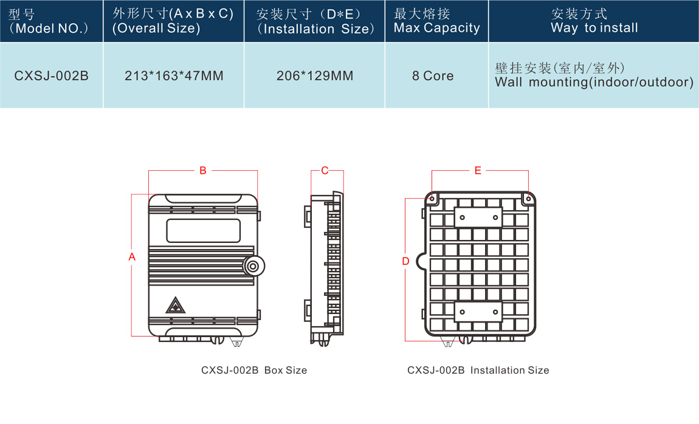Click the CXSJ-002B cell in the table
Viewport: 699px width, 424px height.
click(x=52, y=76)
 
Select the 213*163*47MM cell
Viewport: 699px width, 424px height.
click(x=174, y=76)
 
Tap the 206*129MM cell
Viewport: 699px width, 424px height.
click(x=315, y=76)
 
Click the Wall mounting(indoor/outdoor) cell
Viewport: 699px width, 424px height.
click(x=594, y=76)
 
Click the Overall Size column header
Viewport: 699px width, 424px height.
click(x=173, y=21)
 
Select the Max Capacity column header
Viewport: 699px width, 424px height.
click(x=436, y=21)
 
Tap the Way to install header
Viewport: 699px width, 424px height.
click(x=594, y=21)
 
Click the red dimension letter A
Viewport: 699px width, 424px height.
click(x=132, y=258)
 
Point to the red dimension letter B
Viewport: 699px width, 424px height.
click(x=203, y=171)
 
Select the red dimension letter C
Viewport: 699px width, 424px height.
click(x=325, y=171)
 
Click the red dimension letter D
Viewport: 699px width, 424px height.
click(x=406, y=261)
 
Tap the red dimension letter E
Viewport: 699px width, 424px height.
click(x=478, y=171)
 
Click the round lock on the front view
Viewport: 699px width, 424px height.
click(x=252, y=265)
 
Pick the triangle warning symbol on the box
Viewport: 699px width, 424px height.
click(x=175, y=305)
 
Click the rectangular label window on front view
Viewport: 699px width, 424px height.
click(x=203, y=230)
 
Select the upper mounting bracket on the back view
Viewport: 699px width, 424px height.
click(x=478, y=217)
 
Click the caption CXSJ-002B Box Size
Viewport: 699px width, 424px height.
click(x=254, y=370)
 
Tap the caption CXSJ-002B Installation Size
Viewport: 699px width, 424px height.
click(x=478, y=370)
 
